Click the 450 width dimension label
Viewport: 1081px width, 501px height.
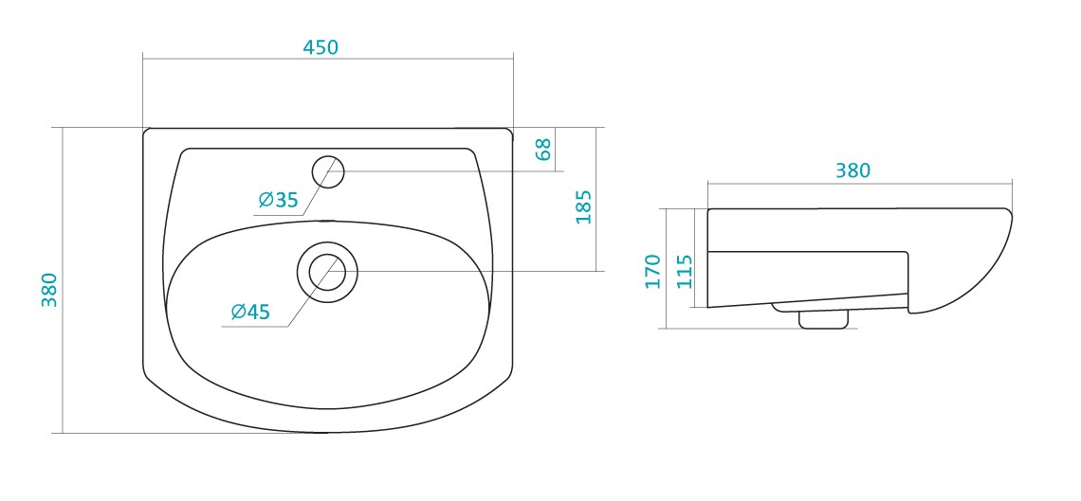pos(321,47)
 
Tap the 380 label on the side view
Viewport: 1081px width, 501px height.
pos(852,170)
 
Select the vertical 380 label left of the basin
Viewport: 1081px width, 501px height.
pos(49,290)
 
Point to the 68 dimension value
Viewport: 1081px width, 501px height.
pos(543,149)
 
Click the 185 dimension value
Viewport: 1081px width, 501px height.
pos(583,206)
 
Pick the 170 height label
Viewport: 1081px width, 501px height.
pos(652,271)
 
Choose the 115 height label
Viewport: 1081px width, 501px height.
pos(685,271)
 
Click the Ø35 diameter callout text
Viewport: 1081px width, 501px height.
pos(278,200)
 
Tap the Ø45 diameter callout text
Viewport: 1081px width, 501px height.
pos(249,311)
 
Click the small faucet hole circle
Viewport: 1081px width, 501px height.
pos(328,171)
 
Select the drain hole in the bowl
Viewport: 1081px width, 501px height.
pos(327,271)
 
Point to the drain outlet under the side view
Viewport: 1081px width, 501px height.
pos(823,319)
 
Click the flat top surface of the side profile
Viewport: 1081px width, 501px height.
pos(853,208)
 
